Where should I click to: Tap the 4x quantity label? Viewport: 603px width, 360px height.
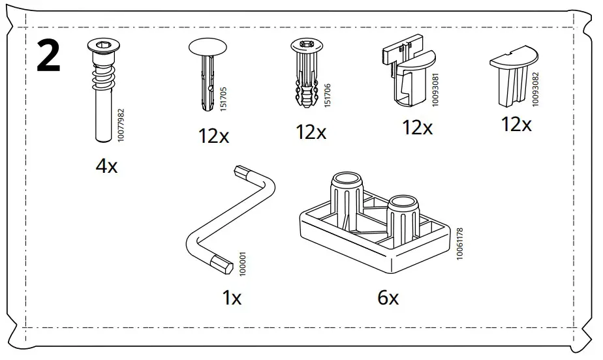[x=106, y=166]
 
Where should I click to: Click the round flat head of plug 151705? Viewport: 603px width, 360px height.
[x=206, y=48]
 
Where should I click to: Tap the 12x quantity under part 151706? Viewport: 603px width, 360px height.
[x=311, y=132]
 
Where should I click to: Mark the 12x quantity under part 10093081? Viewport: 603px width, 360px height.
[x=417, y=127]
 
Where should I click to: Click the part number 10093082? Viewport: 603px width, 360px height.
[x=536, y=89]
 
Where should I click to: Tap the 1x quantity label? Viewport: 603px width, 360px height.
[x=231, y=299]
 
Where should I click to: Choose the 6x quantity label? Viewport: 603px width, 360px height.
[x=388, y=299]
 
